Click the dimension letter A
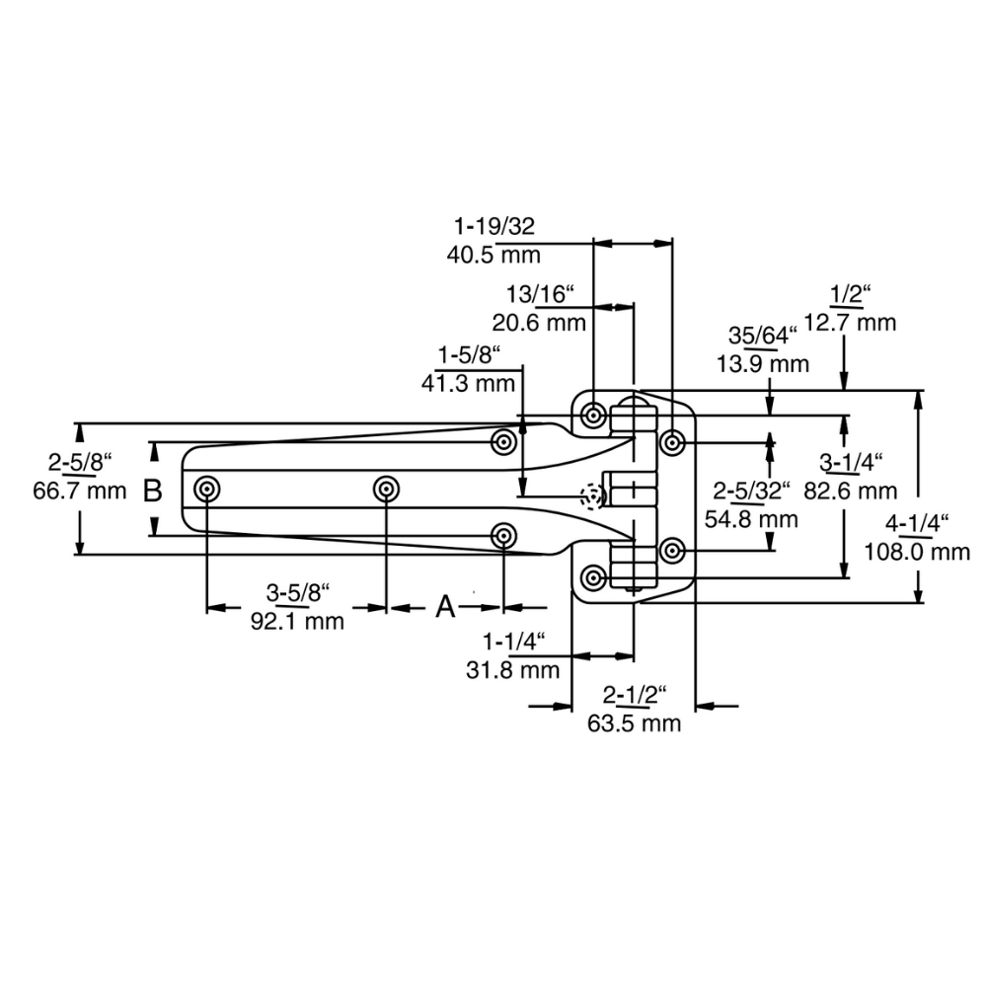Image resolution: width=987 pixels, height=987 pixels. (446, 606)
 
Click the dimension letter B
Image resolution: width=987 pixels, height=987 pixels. (152, 491)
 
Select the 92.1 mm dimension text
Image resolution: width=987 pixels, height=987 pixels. (297, 622)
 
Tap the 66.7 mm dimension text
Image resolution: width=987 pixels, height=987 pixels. (80, 491)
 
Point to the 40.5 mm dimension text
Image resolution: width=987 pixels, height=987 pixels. (493, 255)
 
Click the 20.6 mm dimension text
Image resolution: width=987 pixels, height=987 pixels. (539, 323)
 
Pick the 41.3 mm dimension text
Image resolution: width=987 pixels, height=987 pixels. (468, 384)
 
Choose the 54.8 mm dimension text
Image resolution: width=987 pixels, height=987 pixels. (751, 519)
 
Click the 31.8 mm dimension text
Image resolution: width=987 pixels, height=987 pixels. (513, 670)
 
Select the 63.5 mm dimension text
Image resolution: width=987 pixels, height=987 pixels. (635, 723)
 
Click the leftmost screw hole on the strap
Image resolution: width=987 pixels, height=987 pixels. (207, 490)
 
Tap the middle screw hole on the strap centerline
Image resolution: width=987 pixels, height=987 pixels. (385, 490)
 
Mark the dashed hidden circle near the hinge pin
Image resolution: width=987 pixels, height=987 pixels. (592, 497)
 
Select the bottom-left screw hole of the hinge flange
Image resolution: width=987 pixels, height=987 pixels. (593, 577)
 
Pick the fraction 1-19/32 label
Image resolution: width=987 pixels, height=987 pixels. (493, 225)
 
